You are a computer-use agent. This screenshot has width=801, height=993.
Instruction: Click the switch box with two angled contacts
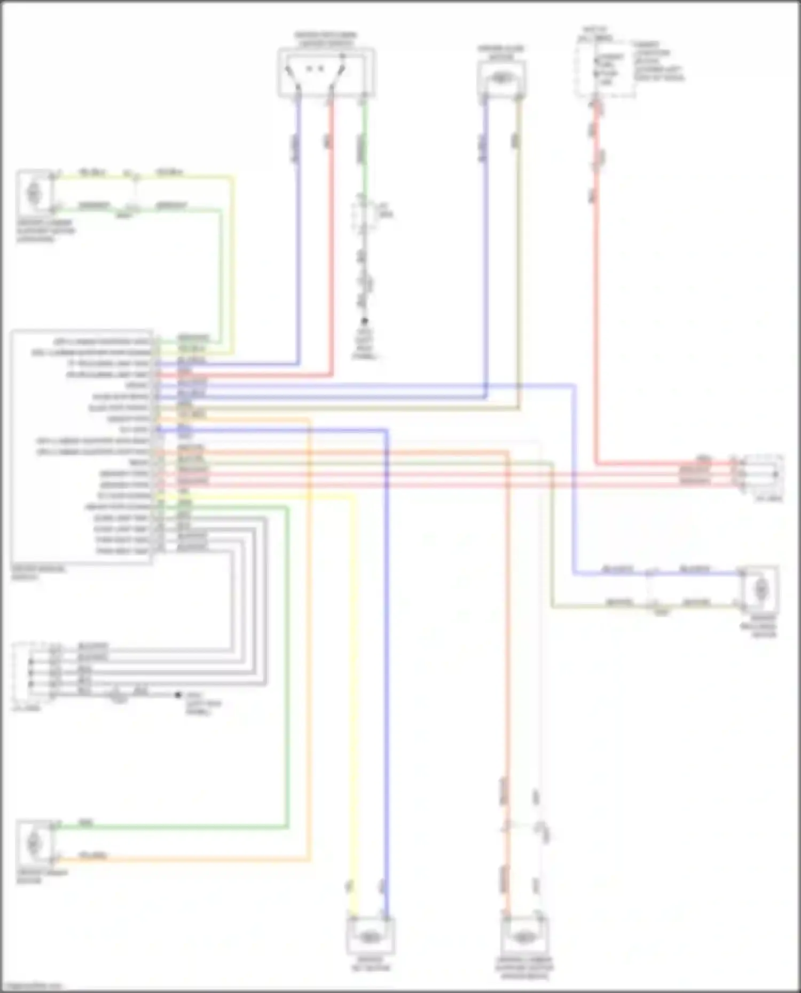tap(326, 73)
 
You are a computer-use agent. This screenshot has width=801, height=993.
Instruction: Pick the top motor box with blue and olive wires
tap(501, 78)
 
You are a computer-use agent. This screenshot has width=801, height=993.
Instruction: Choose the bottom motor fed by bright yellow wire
tap(370, 937)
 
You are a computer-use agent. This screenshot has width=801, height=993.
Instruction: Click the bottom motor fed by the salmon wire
tap(524, 937)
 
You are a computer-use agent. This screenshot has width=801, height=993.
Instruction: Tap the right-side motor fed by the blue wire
tap(760, 589)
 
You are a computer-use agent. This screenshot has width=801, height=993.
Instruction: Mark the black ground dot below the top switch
tap(365, 321)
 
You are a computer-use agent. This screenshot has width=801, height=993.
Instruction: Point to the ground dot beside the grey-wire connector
tap(178, 695)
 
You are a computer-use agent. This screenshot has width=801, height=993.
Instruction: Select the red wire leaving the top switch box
tap(331, 240)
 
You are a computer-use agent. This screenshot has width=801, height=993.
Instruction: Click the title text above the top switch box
tap(326, 38)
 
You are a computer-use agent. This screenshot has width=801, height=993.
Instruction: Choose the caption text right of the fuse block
tap(658, 61)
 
